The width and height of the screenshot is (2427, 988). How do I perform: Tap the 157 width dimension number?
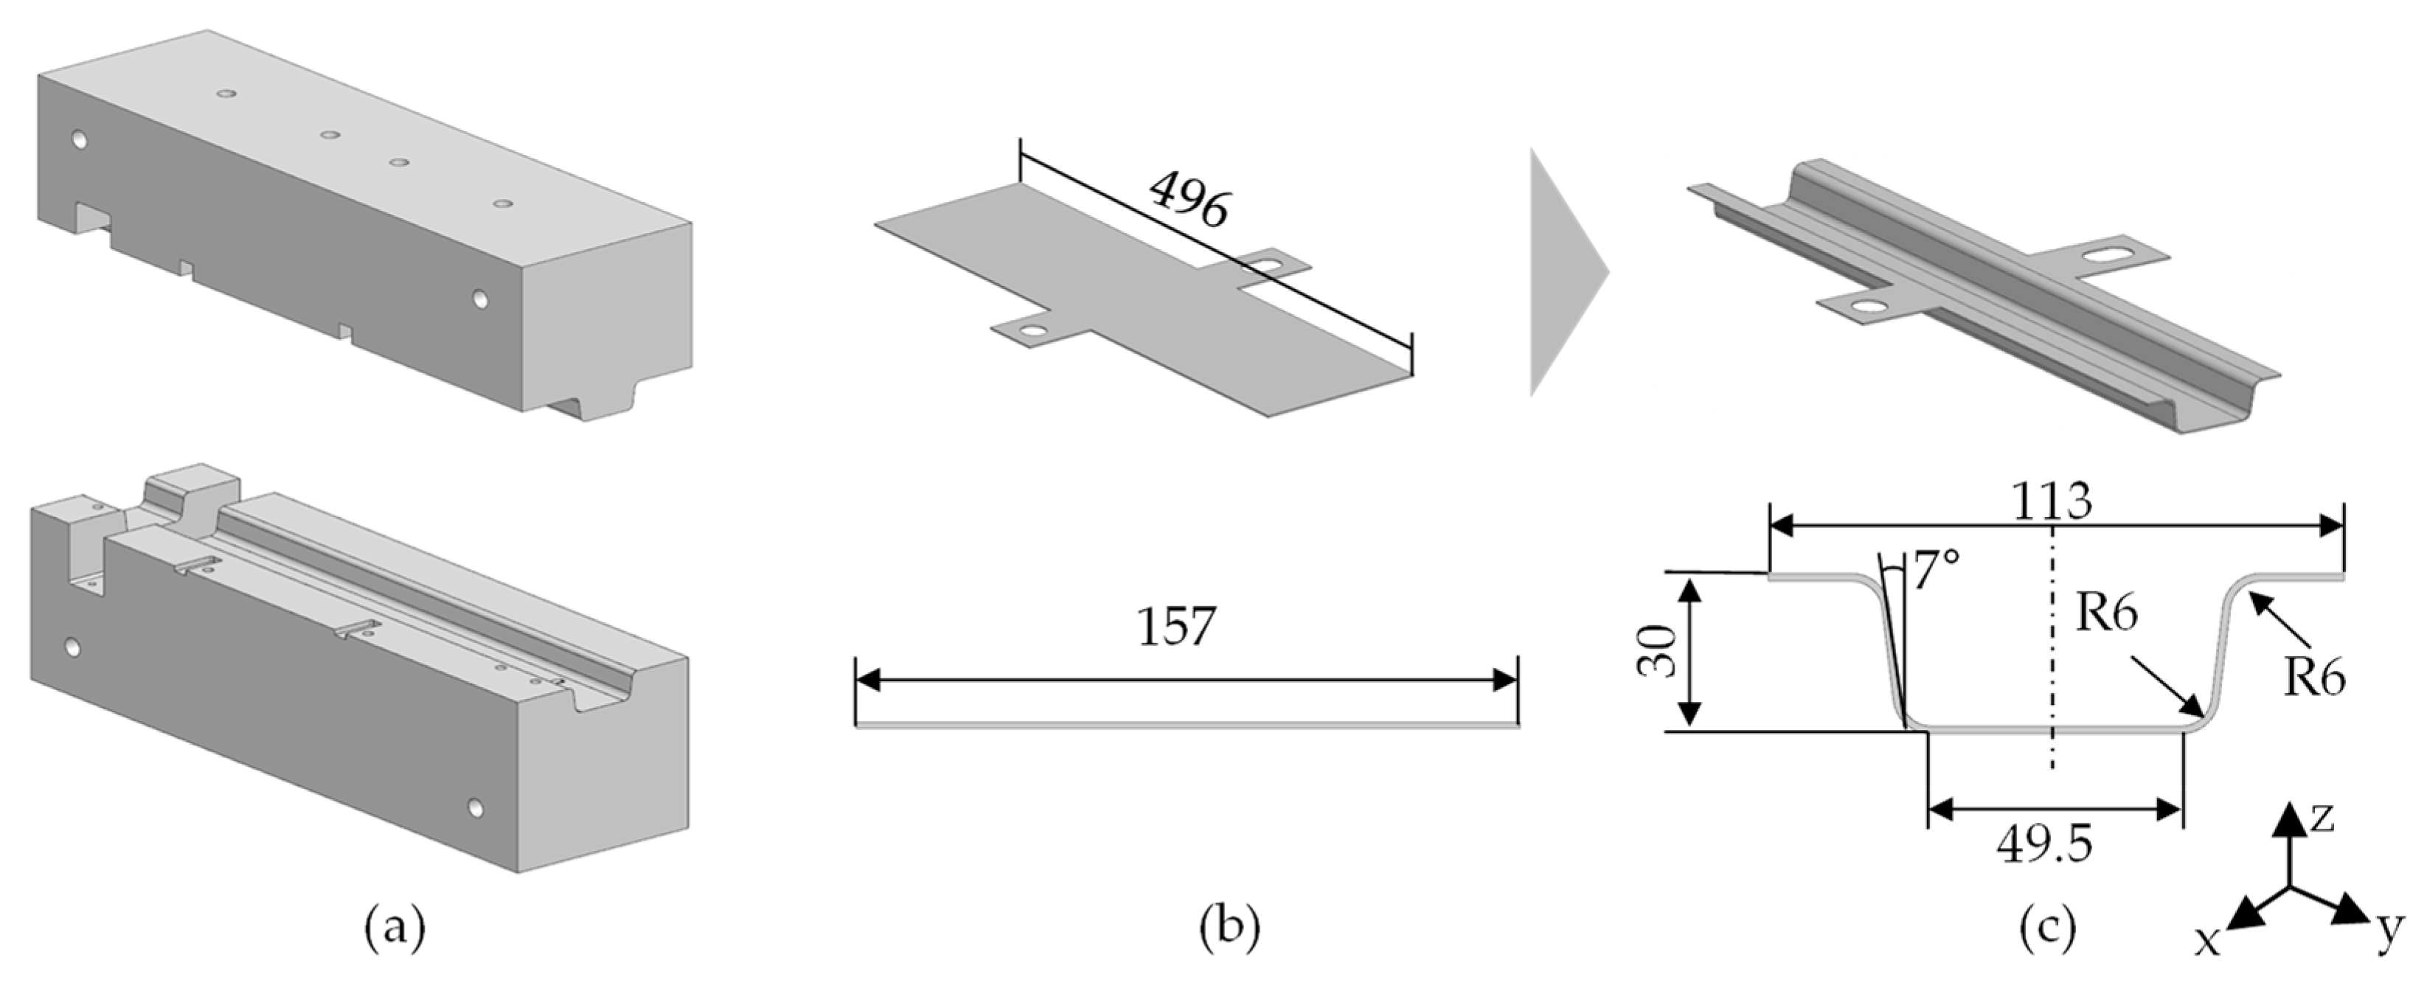[x=1177, y=625]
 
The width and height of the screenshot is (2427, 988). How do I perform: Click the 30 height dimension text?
[x=1657, y=651]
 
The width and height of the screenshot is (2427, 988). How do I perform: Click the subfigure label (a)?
[x=395, y=929]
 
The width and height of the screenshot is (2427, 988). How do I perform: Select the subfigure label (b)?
[x=1229, y=929]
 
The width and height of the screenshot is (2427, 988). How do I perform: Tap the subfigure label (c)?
[x=2048, y=929]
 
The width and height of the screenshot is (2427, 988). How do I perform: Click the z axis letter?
[x=2322, y=818]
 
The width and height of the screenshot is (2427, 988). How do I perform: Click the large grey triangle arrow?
[x=1565, y=272]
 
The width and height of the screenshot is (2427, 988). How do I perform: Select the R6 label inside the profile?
[x=2107, y=613]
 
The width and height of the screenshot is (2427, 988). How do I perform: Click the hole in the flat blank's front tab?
[x=1035, y=332]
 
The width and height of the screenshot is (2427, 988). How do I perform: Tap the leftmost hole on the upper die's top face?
[x=226, y=94]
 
